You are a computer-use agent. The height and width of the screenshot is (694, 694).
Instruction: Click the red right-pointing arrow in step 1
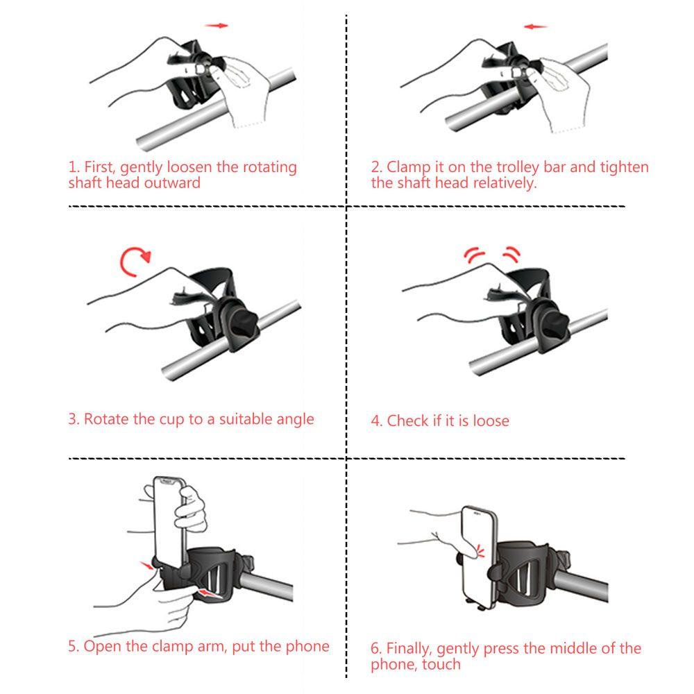(x=217, y=26)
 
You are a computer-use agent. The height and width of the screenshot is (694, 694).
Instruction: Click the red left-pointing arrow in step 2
(x=535, y=27)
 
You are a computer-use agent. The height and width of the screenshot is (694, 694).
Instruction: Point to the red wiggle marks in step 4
(x=492, y=255)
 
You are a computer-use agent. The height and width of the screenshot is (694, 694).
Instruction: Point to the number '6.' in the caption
(x=376, y=649)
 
